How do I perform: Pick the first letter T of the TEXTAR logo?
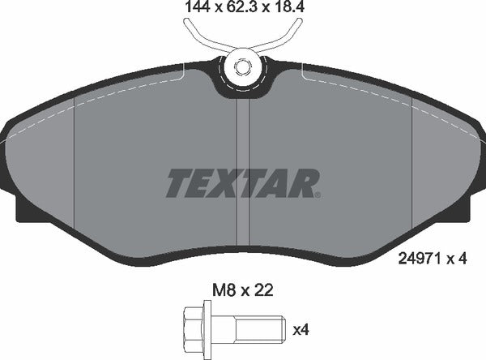[x=178, y=183]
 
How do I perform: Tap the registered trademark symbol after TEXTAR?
[x=318, y=195]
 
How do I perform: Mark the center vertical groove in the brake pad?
[x=242, y=162]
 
